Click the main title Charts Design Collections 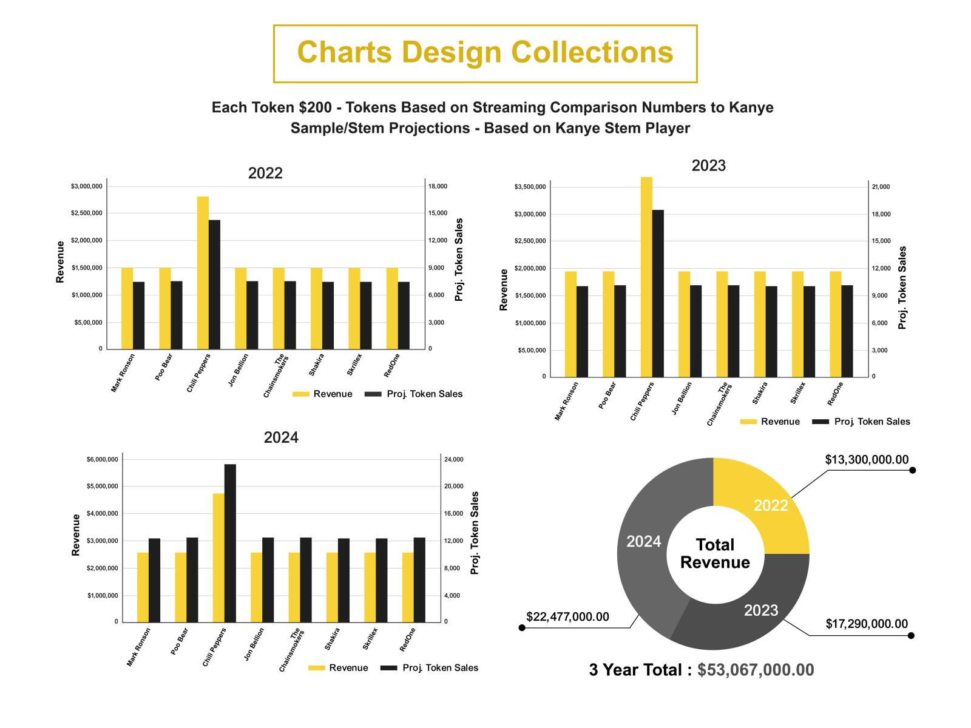click(485, 53)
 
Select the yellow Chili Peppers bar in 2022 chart click(203, 273)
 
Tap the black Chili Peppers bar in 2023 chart click(658, 294)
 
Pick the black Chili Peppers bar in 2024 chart click(230, 543)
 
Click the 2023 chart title click(708, 166)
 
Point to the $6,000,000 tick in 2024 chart click(102, 459)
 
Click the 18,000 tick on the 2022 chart click(438, 186)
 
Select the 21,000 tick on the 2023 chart click(881, 186)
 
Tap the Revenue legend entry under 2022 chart click(322, 394)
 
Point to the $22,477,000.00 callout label click(567, 617)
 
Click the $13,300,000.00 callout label click(867, 460)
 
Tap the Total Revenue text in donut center click(715, 553)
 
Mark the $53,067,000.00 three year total click(756, 670)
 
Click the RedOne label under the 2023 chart click(836, 394)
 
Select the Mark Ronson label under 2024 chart click(139, 647)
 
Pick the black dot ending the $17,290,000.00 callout click(911, 635)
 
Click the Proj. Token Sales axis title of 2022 click(459, 260)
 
